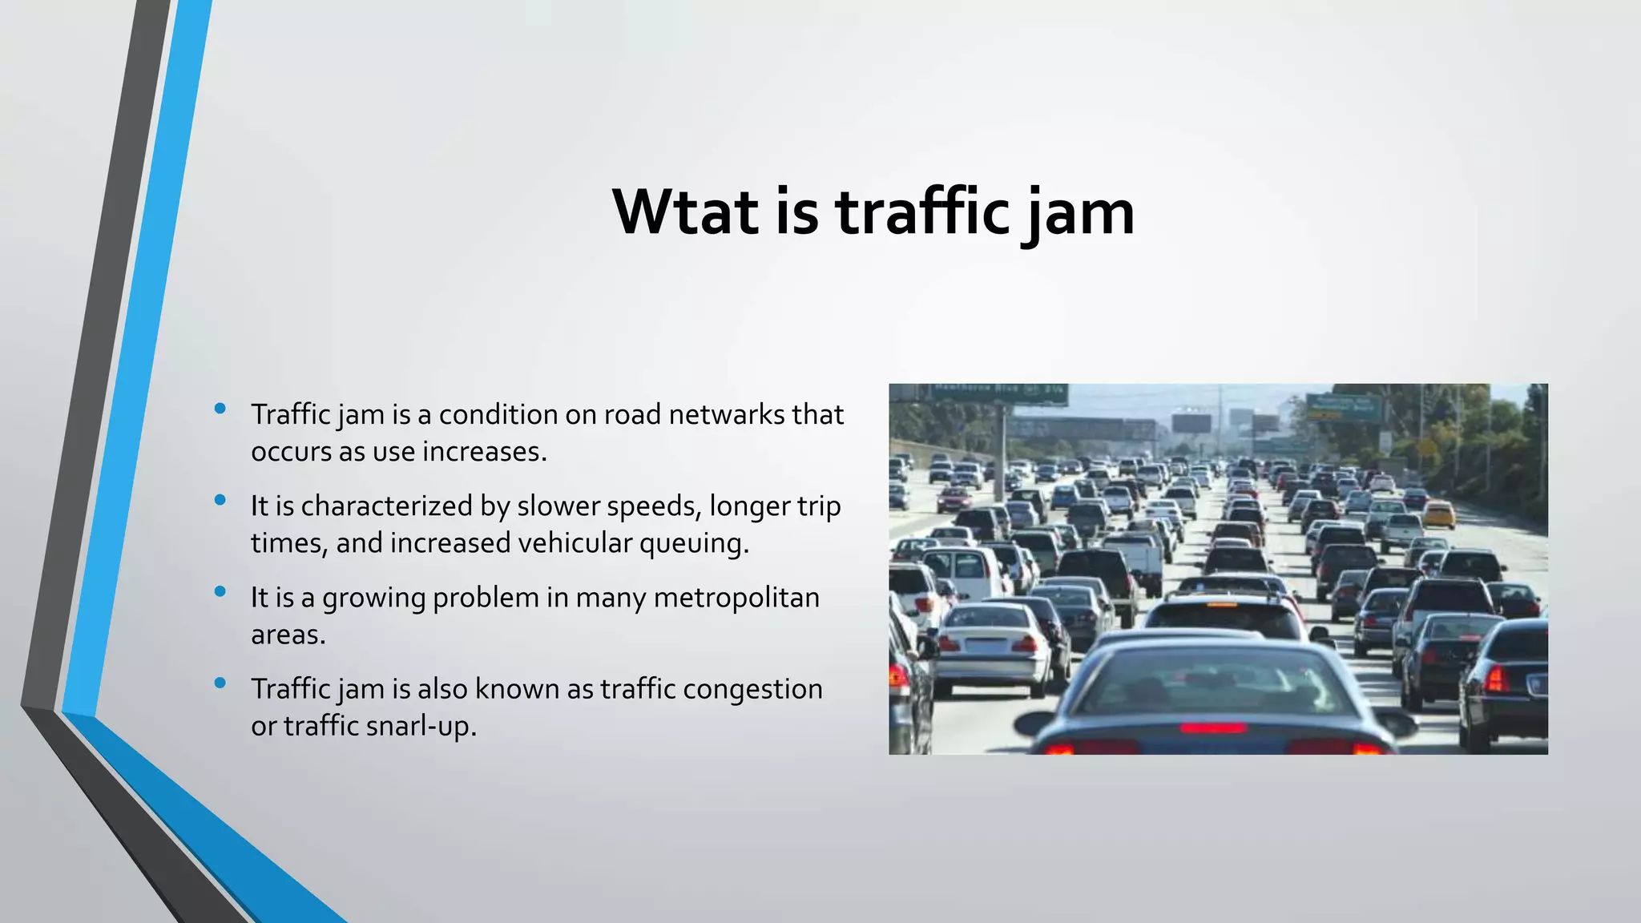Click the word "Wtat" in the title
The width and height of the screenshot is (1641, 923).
685,212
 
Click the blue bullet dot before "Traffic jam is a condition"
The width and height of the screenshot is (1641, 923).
220,409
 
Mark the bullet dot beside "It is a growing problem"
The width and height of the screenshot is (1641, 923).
220,592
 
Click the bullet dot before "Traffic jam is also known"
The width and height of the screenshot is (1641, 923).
220,683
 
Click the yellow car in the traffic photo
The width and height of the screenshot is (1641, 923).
1439,514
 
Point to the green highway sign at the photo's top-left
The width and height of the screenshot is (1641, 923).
998,393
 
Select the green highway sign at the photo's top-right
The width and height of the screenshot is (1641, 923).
1344,407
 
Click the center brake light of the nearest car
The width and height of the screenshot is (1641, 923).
1212,728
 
